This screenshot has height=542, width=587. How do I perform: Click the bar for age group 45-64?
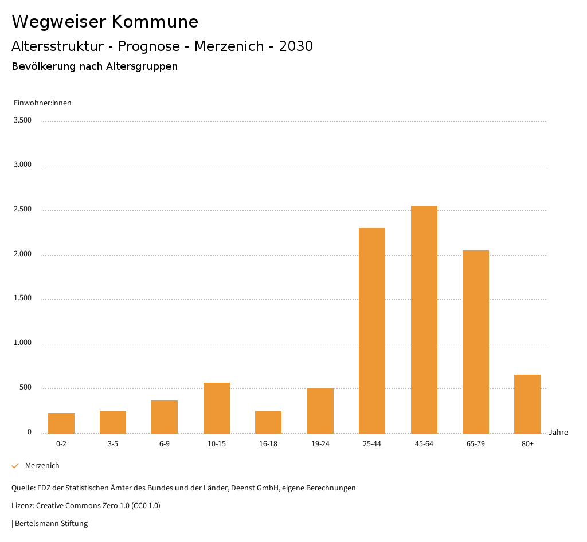point(424,319)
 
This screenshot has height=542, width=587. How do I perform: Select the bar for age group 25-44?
point(372,331)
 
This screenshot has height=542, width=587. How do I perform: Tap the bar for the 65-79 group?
point(476,341)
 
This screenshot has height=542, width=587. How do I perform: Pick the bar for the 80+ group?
point(527,404)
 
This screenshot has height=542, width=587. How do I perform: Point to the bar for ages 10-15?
point(217,408)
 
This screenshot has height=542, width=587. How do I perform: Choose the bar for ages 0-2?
point(61,423)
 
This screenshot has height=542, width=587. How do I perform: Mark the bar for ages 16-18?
point(268,422)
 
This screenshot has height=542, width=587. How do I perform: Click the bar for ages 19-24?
point(320,411)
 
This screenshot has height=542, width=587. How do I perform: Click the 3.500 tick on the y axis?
point(22,120)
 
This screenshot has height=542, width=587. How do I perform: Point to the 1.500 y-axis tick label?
point(22,299)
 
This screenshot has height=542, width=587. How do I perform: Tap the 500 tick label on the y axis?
point(25,388)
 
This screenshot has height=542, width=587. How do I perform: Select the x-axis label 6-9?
point(165,444)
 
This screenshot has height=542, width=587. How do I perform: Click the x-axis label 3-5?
point(113,444)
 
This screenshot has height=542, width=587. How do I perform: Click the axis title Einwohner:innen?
point(42,103)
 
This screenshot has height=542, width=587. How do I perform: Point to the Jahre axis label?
point(558,433)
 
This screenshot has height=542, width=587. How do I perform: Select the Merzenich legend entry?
point(42,466)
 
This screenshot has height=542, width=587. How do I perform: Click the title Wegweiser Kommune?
point(105,22)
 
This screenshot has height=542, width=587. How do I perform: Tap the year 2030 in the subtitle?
point(296,46)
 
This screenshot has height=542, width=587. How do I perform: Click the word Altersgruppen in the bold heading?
point(142,66)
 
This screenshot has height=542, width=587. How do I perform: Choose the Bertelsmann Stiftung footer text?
point(51,524)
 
